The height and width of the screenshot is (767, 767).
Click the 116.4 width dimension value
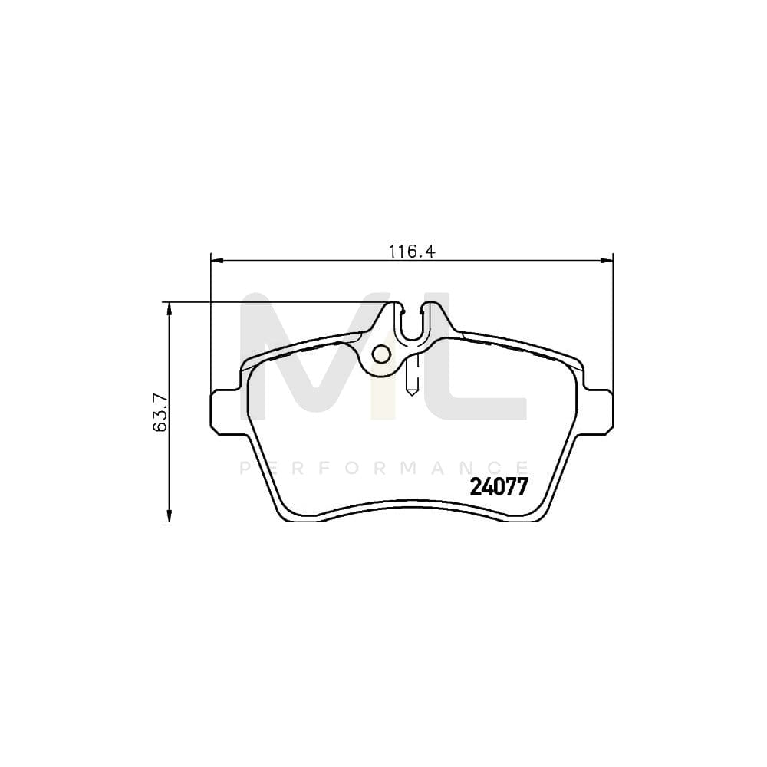pos(412,252)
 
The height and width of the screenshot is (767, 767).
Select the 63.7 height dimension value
pos(160,413)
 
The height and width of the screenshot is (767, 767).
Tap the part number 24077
pos(498,487)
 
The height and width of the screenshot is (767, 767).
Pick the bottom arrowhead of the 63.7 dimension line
pos(169,515)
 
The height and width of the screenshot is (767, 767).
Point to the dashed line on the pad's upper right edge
pos(514,349)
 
